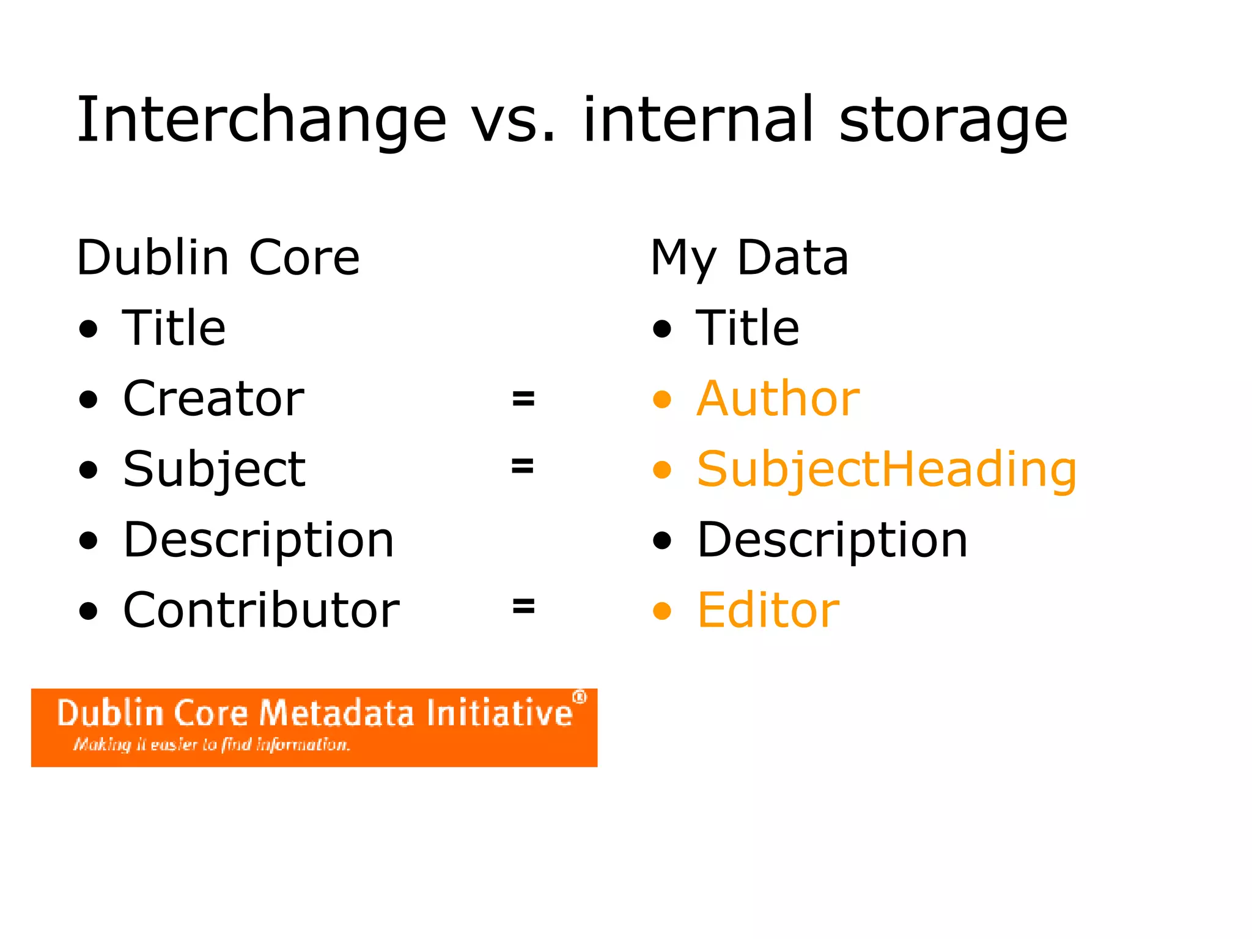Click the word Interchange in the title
(x=261, y=121)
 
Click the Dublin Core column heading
(x=218, y=258)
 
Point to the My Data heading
(x=749, y=258)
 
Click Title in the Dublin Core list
(x=174, y=328)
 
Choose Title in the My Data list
(x=747, y=328)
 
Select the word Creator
(x=213, y=399)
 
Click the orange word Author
(x=778, y=399)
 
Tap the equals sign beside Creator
(x=523, y=399)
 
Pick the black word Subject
(x=214, y=469)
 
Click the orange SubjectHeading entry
(x=886, y=469)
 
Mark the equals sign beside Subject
(x=523, y=466)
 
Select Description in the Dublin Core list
(x=259, y=540)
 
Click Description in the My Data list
(x=832, y=540)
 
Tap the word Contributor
(x=261, y=610)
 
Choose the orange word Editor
(x=768, y=610)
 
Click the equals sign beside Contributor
(x=523, y=606)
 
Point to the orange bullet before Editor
(x=662, y=611)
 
